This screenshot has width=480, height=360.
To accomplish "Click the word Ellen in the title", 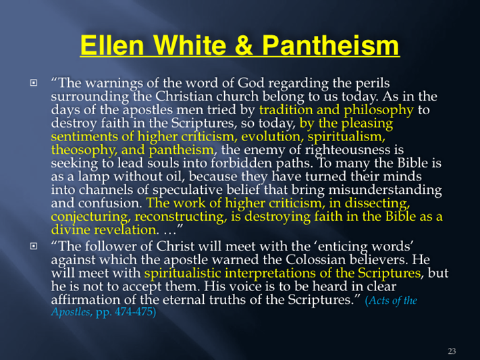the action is [112, 45].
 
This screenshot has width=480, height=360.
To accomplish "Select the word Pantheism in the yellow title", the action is [331, 45].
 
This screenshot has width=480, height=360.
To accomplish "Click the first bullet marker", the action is [33, 82].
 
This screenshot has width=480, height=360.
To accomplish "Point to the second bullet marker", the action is [33, 246].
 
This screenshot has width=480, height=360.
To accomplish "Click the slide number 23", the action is [452, 351].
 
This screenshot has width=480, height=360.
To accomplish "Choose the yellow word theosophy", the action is [84, 151].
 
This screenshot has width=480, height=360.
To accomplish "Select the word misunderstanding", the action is [385, 190].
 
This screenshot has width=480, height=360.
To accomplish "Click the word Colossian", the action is [316, 260].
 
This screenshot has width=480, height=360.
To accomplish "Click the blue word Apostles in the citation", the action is [72, 312].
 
